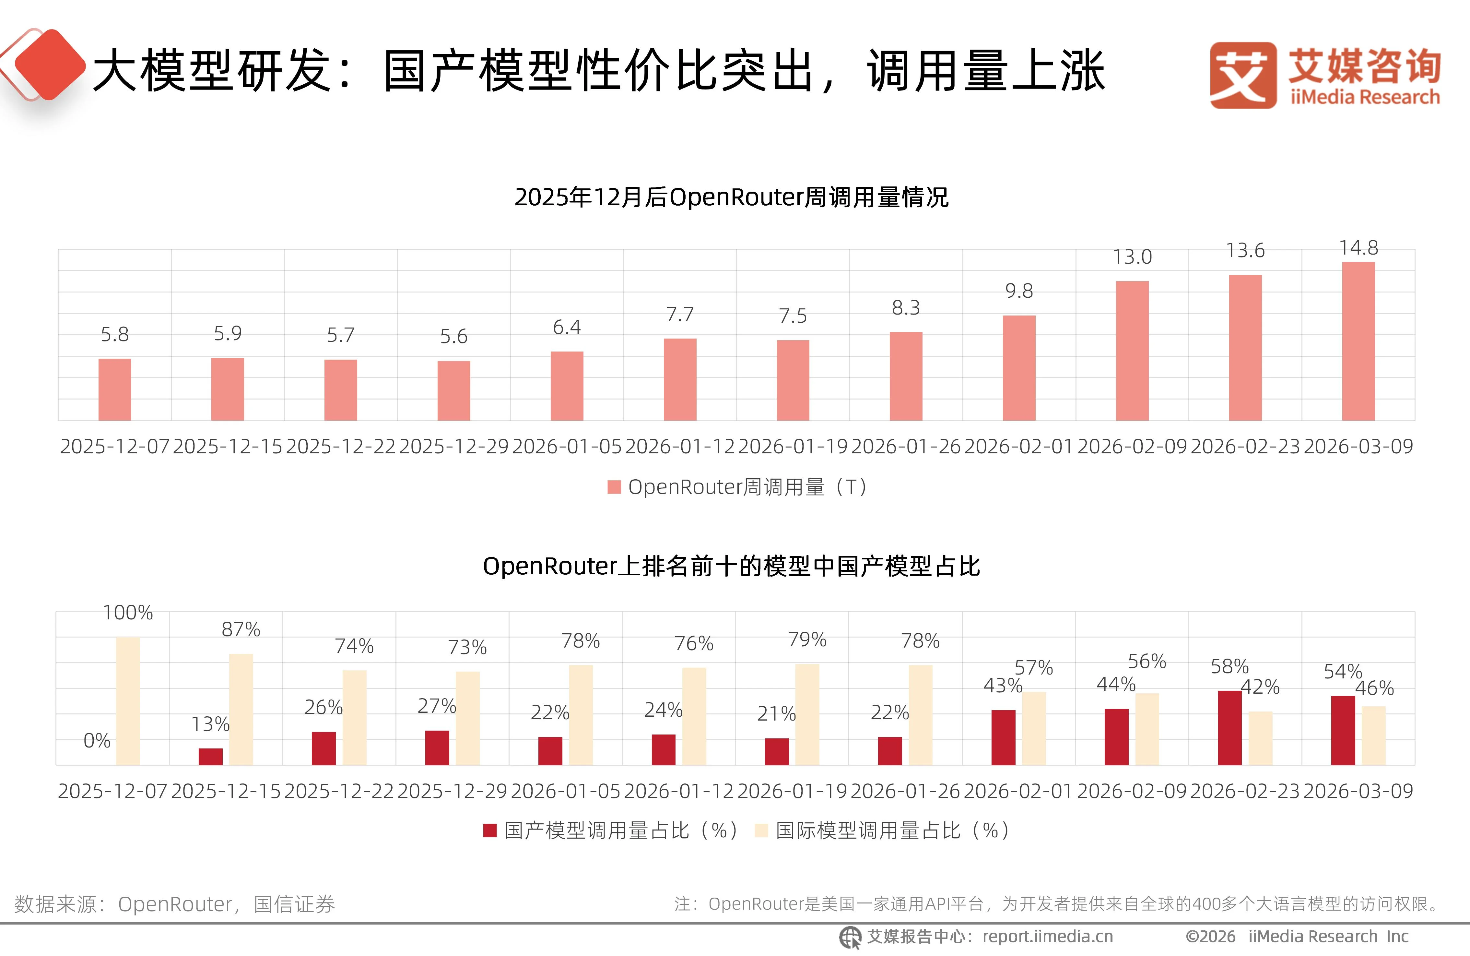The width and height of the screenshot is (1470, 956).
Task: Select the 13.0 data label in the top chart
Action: [1132, 257]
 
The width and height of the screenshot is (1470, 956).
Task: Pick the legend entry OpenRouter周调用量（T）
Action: [738, 487]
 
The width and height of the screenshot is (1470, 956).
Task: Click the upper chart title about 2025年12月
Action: [731, 197]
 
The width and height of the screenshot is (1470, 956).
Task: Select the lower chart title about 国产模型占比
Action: [731, 566]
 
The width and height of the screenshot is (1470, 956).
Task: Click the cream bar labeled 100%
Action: [128, 701]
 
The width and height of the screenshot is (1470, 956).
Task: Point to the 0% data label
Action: [97, 740]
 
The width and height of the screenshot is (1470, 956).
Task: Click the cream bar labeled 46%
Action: [1374, 735]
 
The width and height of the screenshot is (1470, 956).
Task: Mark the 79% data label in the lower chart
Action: [807, 639]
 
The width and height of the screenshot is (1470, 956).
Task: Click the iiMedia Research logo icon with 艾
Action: [1243, 75]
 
